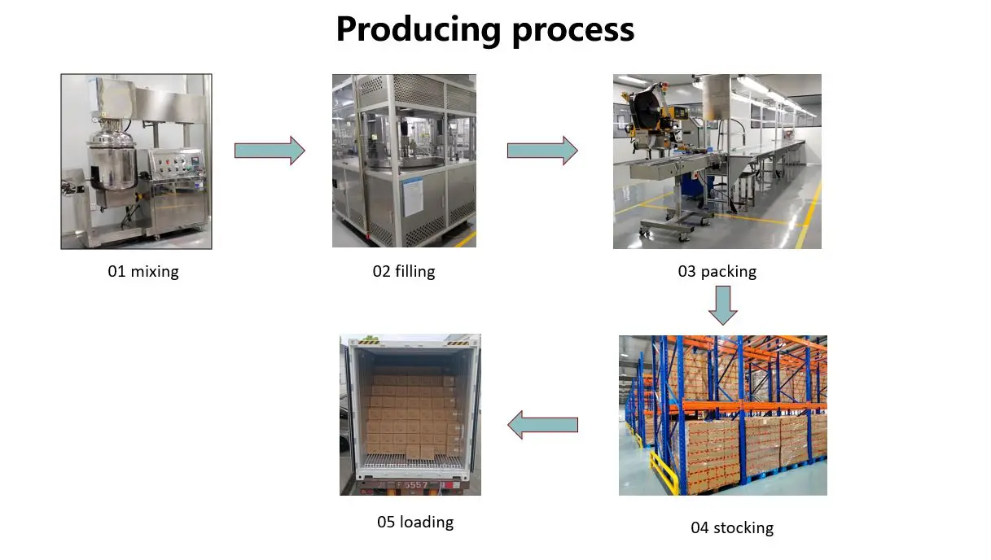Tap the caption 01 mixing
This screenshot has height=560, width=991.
click(143, 272)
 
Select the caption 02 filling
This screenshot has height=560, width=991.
click(404, 272)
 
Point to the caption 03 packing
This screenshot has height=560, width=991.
click(717, 272)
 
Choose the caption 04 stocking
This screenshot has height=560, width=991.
click(732, 527)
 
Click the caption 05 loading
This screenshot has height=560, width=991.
click(415, 522)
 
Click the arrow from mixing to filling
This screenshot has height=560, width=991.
click(270, 151)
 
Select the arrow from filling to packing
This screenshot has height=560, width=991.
click(542, 151)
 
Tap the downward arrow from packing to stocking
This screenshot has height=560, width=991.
click(722, 304)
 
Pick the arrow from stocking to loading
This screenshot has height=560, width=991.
click(543, 425)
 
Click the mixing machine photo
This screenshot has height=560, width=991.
click(136, 161)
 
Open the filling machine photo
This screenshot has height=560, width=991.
click(404, 161)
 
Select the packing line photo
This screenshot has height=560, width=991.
click(717, 161)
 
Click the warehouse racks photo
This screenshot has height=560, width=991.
click(722, 415)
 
